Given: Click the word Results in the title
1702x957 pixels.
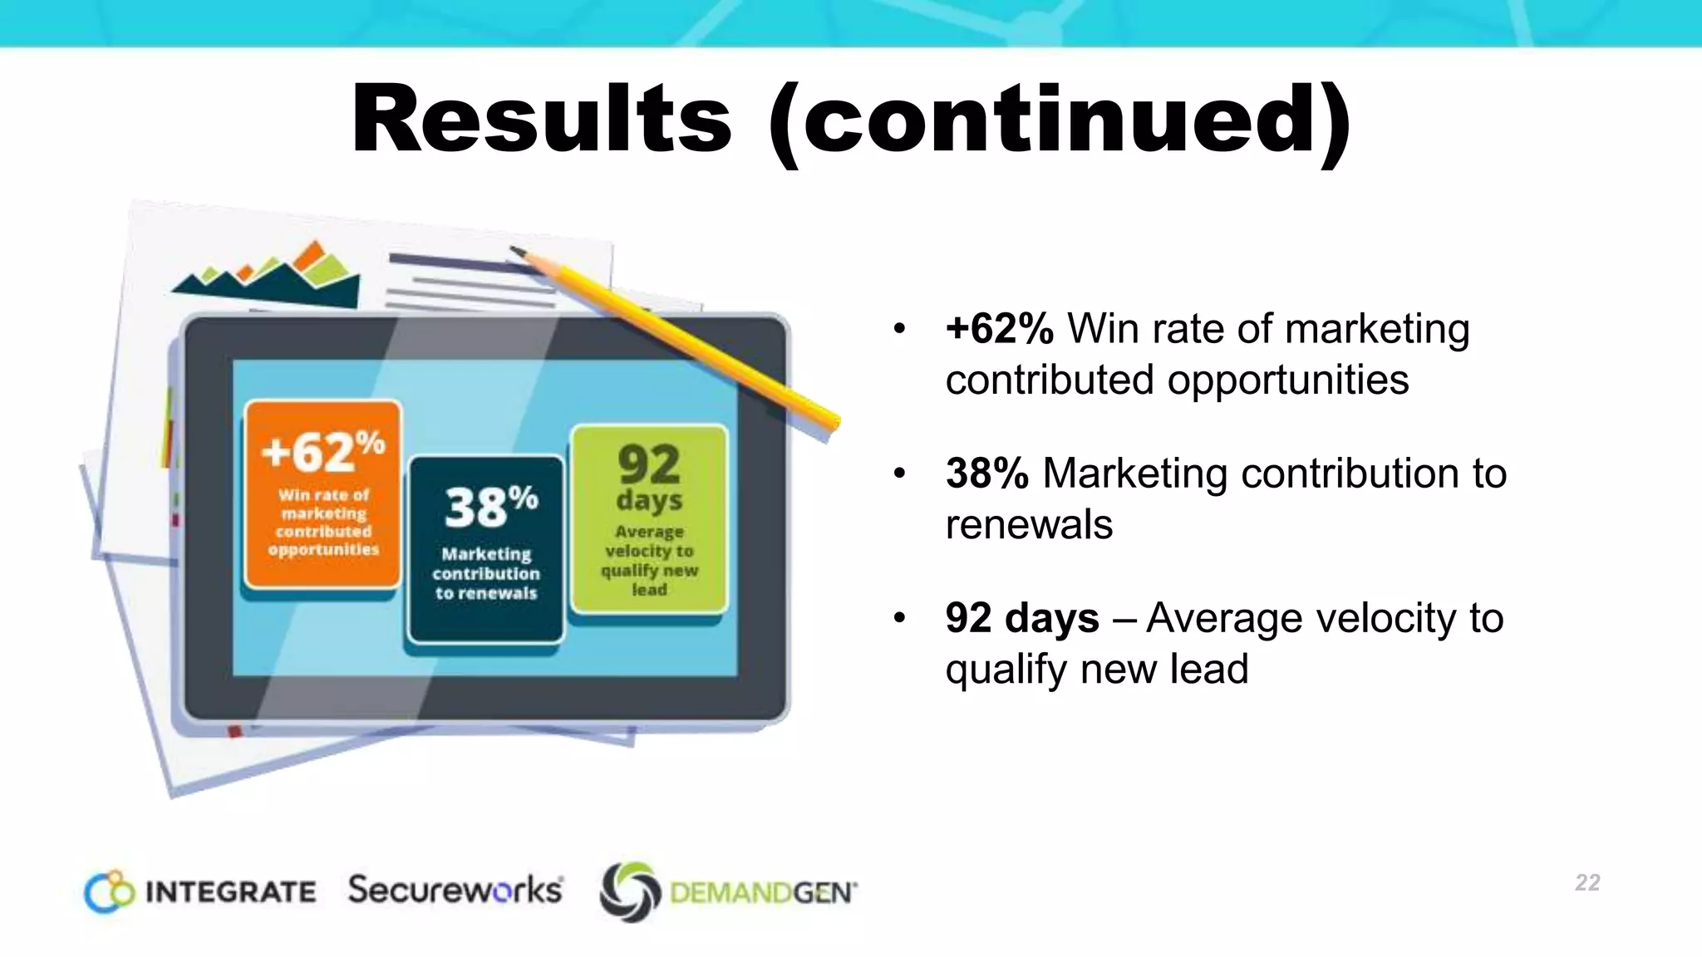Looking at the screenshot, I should pos(541,120).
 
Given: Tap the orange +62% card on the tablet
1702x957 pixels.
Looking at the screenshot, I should pos(322,495).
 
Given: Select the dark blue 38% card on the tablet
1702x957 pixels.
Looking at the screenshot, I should pos(486,548).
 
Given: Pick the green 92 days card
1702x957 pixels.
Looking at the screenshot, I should pos(649,519).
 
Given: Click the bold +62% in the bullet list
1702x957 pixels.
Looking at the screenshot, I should pos(1000,329).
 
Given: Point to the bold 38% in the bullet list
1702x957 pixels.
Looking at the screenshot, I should pos(987,474).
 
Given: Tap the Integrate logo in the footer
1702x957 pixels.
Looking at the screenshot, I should pos(200,891).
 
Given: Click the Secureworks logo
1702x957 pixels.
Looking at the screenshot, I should pos(455,890).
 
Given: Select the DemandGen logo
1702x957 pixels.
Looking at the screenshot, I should pos(728,892).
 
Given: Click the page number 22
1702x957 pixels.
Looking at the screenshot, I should pos(1587,882).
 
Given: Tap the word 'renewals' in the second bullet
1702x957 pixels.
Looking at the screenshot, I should pos(1029,525).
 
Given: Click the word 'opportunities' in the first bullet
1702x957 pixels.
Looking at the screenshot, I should pos(1288,380).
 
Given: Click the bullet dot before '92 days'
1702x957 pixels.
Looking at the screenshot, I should pos(898,618).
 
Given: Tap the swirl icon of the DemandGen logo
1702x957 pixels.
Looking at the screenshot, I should pos(630,892).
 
